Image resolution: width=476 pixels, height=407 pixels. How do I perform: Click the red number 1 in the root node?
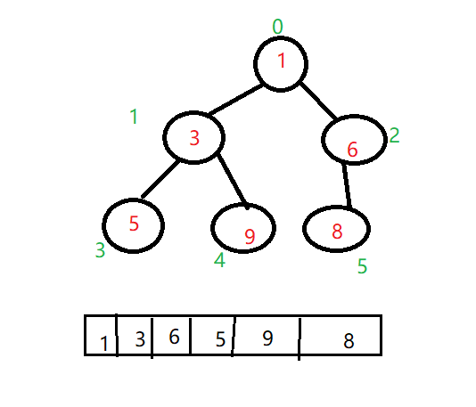[x=282, y=60]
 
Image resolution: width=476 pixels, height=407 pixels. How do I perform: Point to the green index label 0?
[x=278, y=27]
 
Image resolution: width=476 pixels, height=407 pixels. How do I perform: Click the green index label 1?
[x=135, y=117]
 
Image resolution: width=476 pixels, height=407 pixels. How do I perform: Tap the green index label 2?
[x=394, y=135]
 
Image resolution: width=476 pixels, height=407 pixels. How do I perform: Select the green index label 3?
[x=100, y=250]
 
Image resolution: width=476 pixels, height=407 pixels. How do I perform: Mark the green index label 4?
[x=219, y=260]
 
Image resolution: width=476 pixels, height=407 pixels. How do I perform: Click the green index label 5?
[x=362, y=266]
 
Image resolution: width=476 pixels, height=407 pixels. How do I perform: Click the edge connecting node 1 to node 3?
[x=236, y=100]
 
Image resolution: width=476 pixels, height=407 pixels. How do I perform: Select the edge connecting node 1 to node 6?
[x=318, y=101]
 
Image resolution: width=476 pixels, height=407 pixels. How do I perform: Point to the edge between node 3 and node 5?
[x=160, y=179]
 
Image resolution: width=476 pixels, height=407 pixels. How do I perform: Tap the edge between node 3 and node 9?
[x=233, y=182]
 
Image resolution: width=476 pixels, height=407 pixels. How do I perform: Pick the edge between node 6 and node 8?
[x=347, y=186]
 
